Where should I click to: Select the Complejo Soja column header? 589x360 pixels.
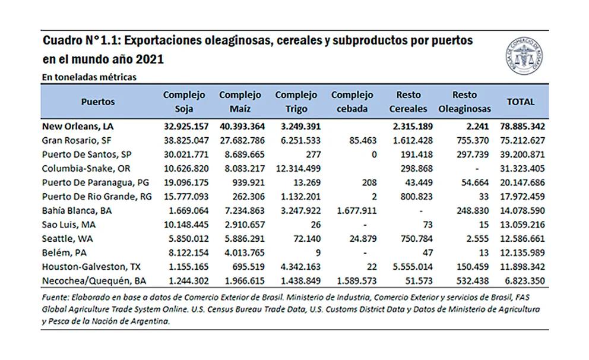(184, 102)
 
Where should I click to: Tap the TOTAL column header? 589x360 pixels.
(520, 102)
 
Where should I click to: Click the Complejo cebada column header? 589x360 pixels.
(352, 102)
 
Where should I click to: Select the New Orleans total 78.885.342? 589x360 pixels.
(517, 127)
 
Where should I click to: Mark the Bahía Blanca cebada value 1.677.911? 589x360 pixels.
(352, 210)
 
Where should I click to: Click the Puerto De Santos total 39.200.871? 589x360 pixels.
(517, 154)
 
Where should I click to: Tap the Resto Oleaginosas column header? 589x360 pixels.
(464, 102)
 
